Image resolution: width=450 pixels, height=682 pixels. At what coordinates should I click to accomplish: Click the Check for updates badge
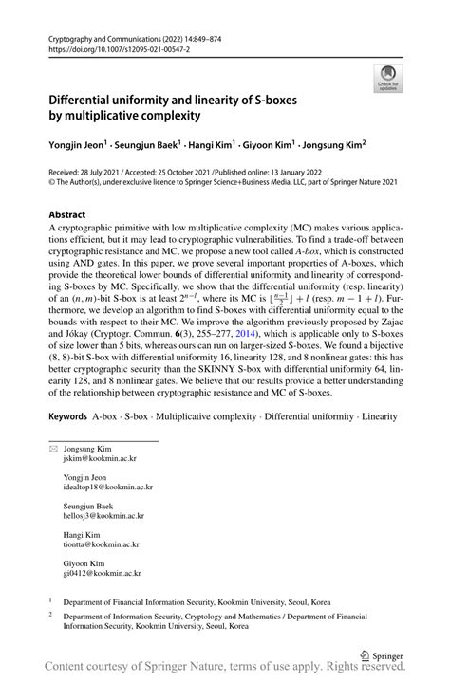(387, 78)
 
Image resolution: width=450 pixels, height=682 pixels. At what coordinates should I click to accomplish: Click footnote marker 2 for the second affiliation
(50, 614)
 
